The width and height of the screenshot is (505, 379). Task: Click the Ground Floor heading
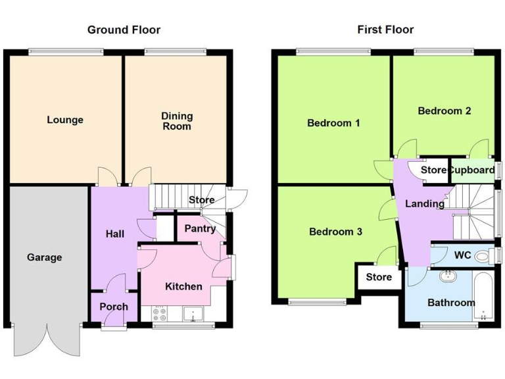pyautogui.click(x=124, y=30)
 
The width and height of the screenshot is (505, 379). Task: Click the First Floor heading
pyautogui.click(x=385, y=30)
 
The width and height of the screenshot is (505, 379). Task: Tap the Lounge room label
pyautogui.click(x=65, y=120)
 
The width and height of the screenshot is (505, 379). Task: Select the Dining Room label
pyautogui.click(x=177, y=121)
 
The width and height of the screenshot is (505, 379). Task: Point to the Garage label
pyautogui.click(x=45, y=257)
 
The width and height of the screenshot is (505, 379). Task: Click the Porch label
pyautogui.click(x=114, y=307)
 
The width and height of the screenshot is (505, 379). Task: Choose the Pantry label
pyautogui.click(x=200, y=229)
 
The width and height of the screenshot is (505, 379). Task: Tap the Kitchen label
pyautogui.click(x=183, y=286)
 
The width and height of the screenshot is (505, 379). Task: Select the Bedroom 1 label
pyautogui.click(x=333, y=123)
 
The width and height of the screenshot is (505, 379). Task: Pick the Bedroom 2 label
pyautogui.click(x=445, y=111)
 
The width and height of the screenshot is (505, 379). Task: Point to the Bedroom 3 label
pyautogui.click(x=335, y=232)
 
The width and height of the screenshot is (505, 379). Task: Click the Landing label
pyautogui.click(x=424, y=204)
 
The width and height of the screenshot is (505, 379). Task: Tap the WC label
pyautogui.click(x=463, y=255)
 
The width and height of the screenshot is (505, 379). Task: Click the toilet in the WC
pyautogui.click(x=484, y=255)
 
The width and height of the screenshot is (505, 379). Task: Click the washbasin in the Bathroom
pyautogui.click(x=448, y=276)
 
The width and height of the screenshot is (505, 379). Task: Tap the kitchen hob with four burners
pyautogui.click(x=160, y=315)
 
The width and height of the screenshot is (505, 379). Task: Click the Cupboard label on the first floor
pyautogui.click(x=471, y=170)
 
